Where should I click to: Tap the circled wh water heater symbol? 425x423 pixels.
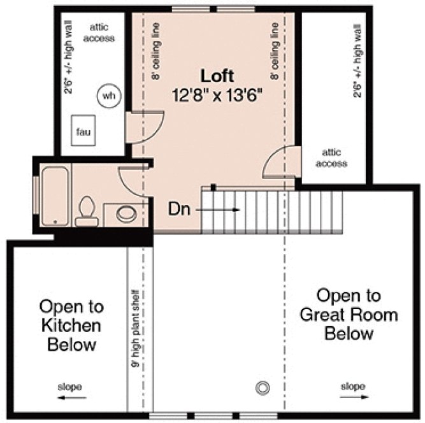pyautogui.click(x=109, y=96)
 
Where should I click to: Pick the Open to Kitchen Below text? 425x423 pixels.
pyautogui.click(x=71, y=326)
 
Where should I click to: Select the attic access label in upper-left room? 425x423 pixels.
pyautogui.click(x=101, y=33)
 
